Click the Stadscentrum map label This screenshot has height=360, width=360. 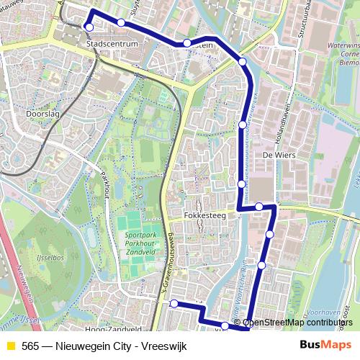tap(112, 44)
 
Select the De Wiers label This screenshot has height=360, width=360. tap(276, 155)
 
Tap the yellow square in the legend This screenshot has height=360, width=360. tap(10, 346)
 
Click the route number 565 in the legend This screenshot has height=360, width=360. tap(30, 346)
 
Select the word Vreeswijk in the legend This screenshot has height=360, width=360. tap(165, 346)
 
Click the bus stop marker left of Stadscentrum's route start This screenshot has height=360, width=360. tap(89, 27)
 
